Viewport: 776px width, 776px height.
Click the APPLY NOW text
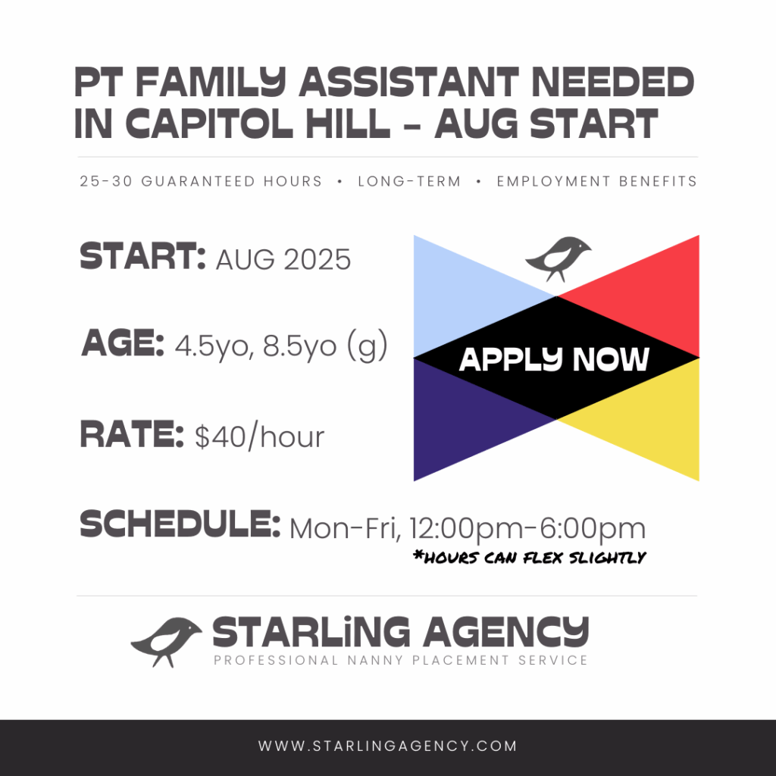(554, 359)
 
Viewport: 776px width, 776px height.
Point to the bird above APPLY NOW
(558, 258)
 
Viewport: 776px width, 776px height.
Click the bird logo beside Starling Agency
(166, 641)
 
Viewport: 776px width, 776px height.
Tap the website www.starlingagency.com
(387, 746)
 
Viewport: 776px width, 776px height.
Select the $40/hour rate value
(259, 437)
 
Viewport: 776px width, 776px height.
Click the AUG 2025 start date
(283, 259)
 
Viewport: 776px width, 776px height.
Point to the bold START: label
(142, 256)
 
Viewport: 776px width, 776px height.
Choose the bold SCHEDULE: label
(180, 524)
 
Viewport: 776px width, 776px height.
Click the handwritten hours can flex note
(530, 558)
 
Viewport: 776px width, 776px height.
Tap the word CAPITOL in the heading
(209, 124)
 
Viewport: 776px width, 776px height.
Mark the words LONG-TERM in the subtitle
(409, 182)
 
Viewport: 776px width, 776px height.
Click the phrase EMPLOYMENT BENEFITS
(597, 182)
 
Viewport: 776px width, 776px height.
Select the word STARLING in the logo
(311, 632)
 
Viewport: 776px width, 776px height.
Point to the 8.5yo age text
(300, 346)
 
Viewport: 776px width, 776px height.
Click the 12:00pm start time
(466, 529)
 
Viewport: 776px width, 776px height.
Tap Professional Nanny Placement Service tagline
(400, 660)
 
